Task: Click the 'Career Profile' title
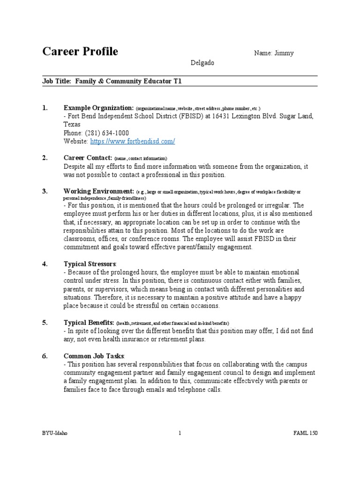(x=80, y=52)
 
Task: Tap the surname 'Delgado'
(x=202, y=63)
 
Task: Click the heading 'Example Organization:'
(x=98, y=108)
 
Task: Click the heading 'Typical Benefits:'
(x=89, y=323)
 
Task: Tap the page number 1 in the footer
(x=180, y=433)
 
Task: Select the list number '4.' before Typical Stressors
(x=45, y=264)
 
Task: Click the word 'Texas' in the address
(x=72, y=125)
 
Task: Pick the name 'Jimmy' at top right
(x=285, y=53)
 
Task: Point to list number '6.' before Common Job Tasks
(x=45, y=356)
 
